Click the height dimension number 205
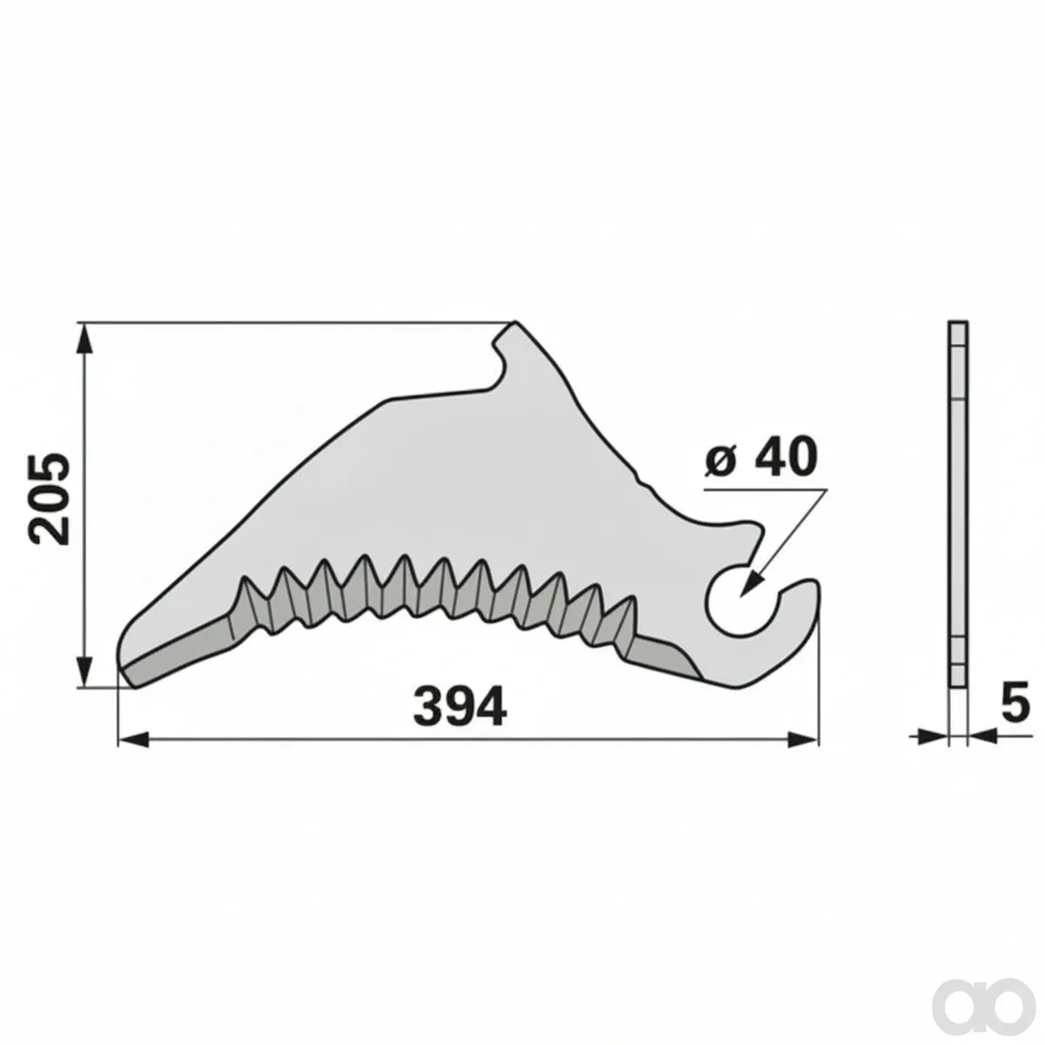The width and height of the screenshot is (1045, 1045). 49,500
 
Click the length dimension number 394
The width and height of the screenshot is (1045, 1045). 461,707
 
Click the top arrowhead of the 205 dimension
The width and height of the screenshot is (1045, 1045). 83,339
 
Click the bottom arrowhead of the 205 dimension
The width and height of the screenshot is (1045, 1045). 83,671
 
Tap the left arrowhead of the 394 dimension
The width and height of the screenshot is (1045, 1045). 134,739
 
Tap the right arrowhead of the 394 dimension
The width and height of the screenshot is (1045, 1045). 803,739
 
